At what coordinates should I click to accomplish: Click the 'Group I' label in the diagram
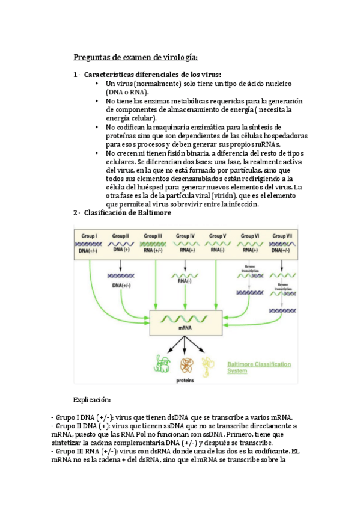tap(89, 236)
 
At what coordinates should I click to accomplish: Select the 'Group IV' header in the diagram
tap(185, 236)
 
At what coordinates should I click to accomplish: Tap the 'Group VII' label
tap(282, 236)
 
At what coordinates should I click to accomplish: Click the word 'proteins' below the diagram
tap(185, 381)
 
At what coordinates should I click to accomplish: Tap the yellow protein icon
tap(208, 364)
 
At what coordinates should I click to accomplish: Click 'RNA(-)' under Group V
tap(217, 250)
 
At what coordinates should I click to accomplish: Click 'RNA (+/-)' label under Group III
tap(153, 250)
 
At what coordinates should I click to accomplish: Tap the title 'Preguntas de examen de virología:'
tap(135, 58)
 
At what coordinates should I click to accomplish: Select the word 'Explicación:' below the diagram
tap(92, 400)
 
